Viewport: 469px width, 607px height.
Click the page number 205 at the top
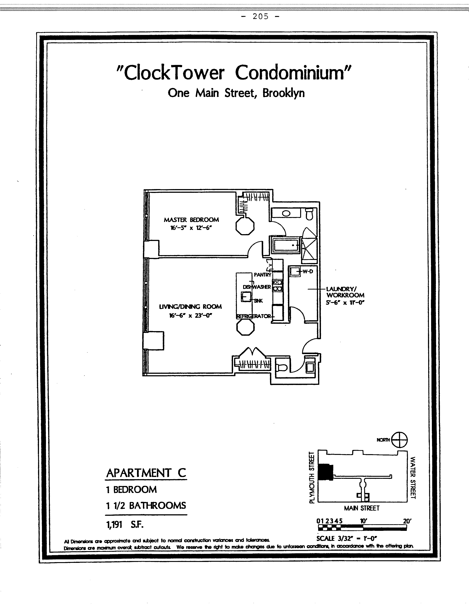[261, 17]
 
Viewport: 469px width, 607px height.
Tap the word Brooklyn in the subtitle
[283, 93]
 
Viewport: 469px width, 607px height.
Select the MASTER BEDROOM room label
[191, 220]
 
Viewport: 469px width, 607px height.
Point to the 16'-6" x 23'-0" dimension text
[191, 315]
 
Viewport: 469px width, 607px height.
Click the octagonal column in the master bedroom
[245, 226]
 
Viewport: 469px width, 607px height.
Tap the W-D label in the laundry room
[308, 271]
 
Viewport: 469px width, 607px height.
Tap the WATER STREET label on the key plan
[413, 478]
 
